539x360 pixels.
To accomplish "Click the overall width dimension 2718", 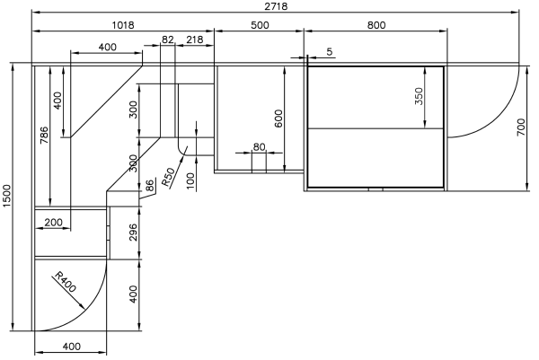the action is click(276, 6).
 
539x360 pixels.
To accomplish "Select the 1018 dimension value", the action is click(123, 25).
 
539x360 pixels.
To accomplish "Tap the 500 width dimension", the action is click(260, 25).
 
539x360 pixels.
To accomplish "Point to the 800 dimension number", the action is click(376, 25).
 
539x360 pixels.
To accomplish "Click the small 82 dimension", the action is click(167, 40).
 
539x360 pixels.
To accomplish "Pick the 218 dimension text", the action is click(195, 40).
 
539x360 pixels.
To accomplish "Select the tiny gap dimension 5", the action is click(330, 52).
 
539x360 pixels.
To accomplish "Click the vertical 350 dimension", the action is click(419, 96).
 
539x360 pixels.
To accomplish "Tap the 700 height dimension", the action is click(521, 127).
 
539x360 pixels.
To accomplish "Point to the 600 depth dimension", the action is click(278, 119).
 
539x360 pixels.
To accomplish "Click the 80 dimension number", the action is click(259, 147).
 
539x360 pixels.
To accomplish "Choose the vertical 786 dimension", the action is click(44, 136).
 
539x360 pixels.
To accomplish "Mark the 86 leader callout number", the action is click(150, 186).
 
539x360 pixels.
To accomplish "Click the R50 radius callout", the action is click(168, 177).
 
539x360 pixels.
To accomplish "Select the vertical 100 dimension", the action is click(190, 181).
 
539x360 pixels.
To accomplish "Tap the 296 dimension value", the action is click(133, 233).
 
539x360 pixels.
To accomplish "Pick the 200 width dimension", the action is click(53, 223).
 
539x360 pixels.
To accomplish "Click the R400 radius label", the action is click(66, 282).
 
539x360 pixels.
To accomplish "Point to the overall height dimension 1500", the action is click(7, 196).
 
